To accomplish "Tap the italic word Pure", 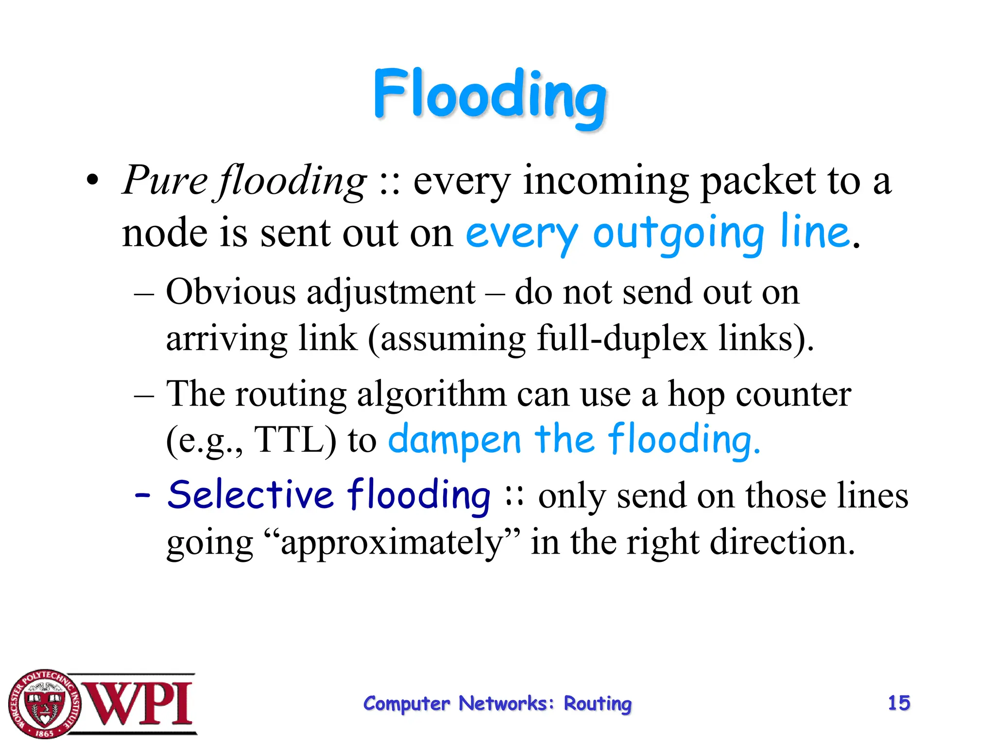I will tap(165, 181).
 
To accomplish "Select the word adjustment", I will tap(391, 293).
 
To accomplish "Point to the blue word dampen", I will tap(455, 440).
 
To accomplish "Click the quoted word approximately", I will tap(392, 543).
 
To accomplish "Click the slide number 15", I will tap(899, 703).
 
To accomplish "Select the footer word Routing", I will tap(598, 704).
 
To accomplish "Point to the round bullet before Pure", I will tap(92, 181).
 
